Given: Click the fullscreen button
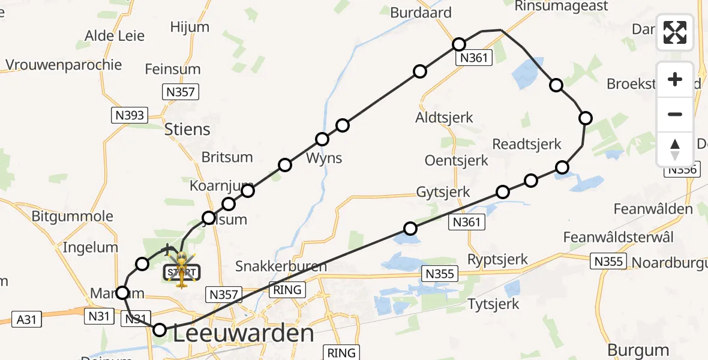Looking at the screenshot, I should tap(675, 32).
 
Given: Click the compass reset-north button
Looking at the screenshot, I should tap(675, 149).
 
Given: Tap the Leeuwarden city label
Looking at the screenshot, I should tap(244, 334).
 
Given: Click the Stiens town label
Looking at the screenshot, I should tap(187, 129).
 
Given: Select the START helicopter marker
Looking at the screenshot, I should tap(179, 271).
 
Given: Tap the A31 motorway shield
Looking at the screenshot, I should tap(27, 319).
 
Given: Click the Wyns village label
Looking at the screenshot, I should tap(324, 158).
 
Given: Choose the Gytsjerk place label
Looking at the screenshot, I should tap(442, 192).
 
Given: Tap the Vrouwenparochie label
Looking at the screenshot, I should tap(64, 65).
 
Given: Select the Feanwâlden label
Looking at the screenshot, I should tap(653, 209).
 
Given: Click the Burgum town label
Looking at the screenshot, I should tap(638, 350).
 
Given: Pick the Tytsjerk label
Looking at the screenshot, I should tap(493, 304).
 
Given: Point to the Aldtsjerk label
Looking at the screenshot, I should tap(445, 118).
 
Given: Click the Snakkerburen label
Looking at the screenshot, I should tap(281, 266).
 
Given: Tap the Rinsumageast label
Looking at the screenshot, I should tap(562, 6).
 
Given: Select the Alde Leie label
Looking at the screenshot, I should tap(115, 35).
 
